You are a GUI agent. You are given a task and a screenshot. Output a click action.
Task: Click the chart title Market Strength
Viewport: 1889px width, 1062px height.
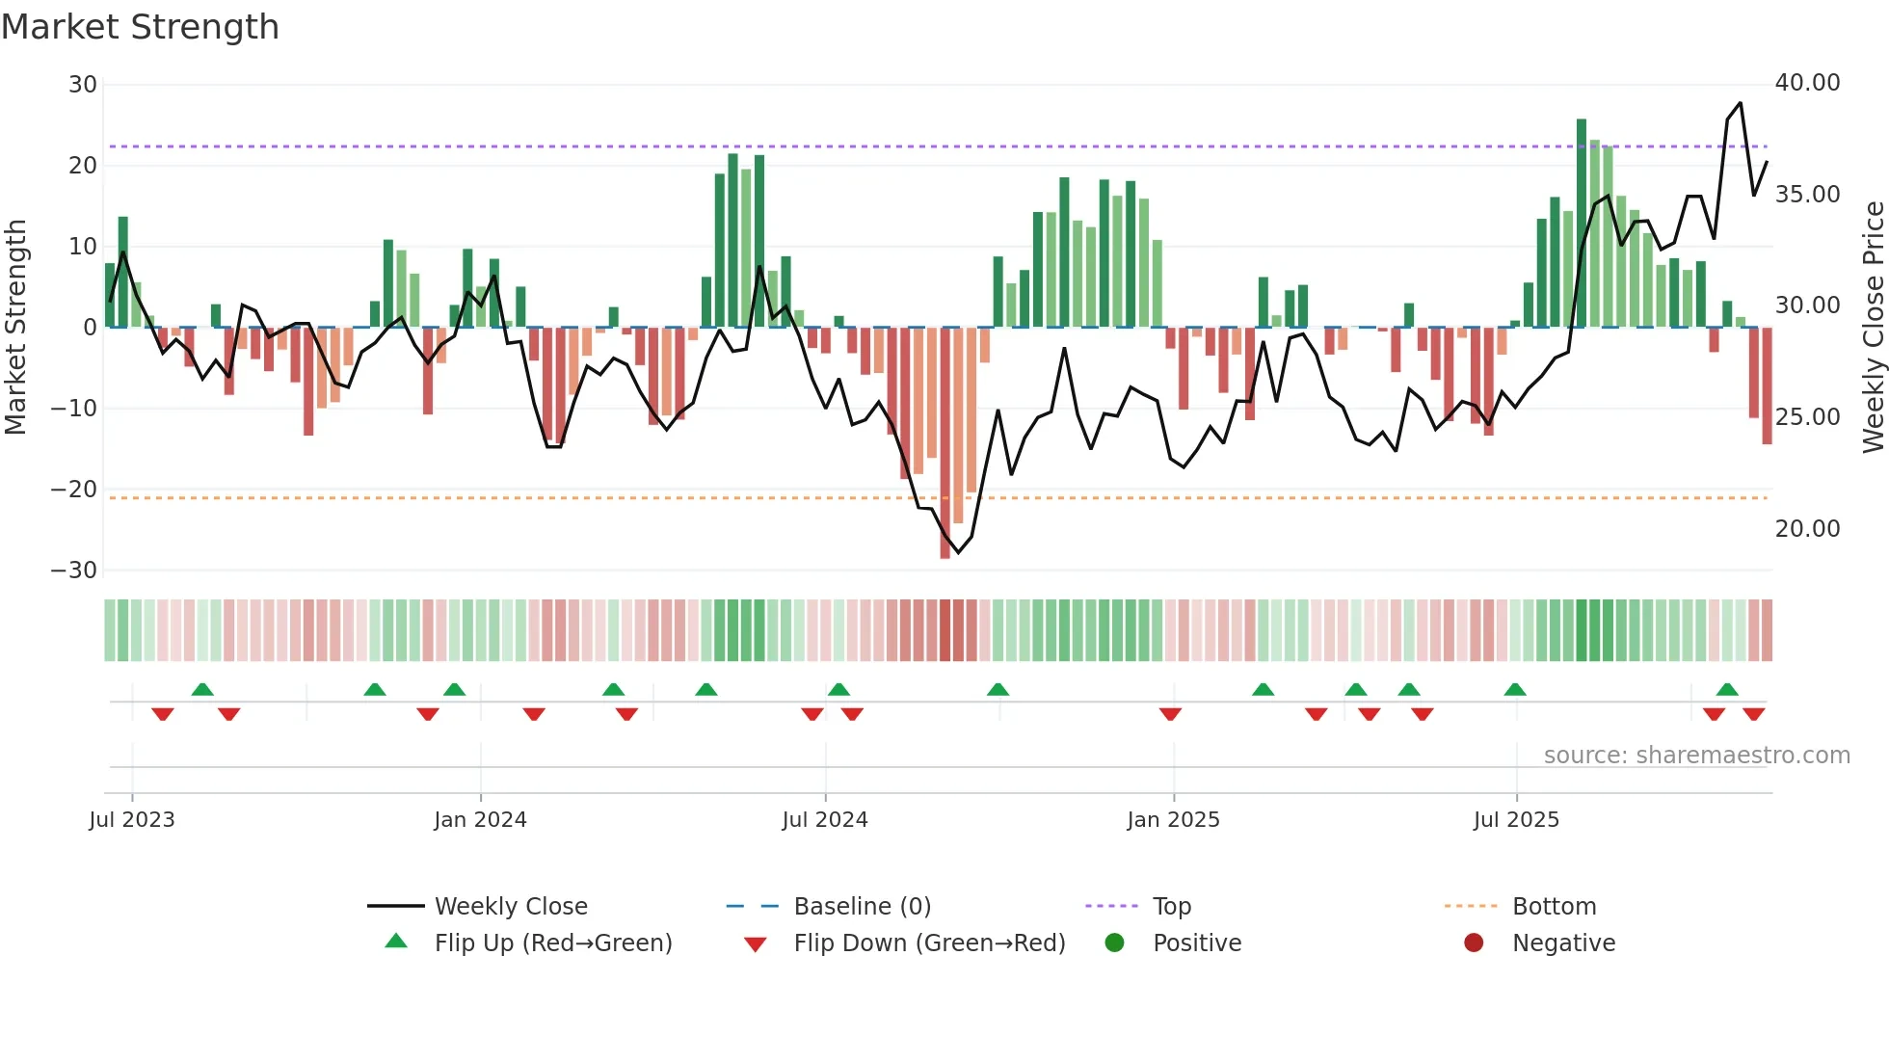tap(140, 27)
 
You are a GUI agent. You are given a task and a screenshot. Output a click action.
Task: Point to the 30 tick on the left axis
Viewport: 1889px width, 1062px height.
tap(82, 85)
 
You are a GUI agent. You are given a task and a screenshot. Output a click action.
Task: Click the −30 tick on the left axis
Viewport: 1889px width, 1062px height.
tap(74, 571)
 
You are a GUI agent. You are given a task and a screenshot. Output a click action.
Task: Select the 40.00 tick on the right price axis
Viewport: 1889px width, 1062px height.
tap(1807, 83)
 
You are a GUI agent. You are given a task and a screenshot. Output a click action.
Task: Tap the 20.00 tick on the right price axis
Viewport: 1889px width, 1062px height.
tap(1807, 529)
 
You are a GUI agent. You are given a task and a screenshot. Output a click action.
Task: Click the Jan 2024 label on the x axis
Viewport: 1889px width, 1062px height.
tap(480, 820)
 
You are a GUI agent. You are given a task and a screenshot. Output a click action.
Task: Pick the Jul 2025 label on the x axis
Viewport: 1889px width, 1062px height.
tap(1516, 820)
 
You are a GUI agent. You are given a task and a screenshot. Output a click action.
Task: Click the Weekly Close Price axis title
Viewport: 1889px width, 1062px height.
tap(1873, 328)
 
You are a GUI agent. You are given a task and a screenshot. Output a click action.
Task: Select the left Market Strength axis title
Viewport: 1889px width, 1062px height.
tap(15, 328)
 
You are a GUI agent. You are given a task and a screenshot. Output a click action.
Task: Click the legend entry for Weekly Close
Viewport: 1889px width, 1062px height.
tap(510, 907)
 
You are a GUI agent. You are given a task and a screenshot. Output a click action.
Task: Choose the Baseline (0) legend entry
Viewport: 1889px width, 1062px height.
tap(862, 907)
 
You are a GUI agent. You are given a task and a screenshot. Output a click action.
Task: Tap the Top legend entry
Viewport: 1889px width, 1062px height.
tap(1171, 907)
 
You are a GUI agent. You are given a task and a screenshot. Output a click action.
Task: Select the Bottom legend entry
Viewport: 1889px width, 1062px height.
tap(1554, 907)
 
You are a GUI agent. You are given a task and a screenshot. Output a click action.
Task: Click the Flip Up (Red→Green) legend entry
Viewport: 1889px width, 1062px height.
tap(552, 943)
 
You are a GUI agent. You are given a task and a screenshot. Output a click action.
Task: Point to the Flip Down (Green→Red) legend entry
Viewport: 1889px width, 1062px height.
tap(928, 943)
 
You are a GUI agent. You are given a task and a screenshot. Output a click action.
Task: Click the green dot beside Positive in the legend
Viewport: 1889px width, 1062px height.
tap(1115, 943)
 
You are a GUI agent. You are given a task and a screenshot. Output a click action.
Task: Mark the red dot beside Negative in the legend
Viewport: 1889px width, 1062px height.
tap(1474, 943)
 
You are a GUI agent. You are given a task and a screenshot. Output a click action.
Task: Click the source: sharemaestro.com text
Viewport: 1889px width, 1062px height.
tap(1696, 756)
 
